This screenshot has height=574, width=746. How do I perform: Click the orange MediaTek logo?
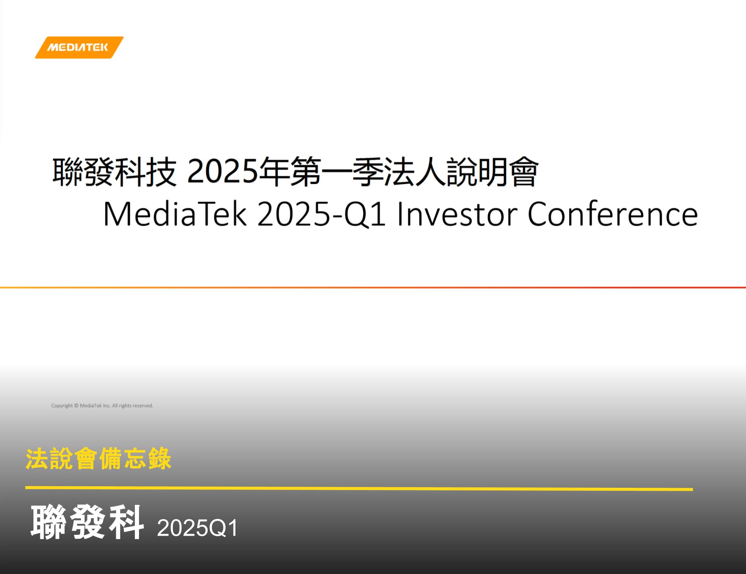(x=79, y=47)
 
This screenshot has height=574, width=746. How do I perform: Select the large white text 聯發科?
(x=87, y=522)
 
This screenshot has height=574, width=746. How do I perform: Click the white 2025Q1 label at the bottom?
(x=198, y=528)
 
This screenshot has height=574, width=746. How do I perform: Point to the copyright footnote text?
(x=102, y=406)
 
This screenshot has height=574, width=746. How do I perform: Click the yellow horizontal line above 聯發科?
(x=359, y=488)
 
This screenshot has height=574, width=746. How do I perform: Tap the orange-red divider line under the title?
(x=373, y=288)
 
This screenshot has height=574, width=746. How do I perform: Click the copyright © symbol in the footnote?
(x=76, y=406)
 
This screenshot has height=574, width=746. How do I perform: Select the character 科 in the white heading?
(x=126, y=522)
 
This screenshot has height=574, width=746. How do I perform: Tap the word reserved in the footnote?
(x=142, y=406)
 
